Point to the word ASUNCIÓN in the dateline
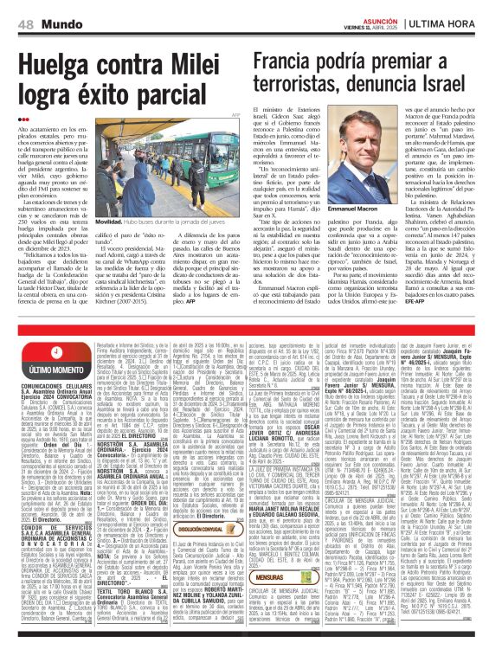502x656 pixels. click(x=386, y=5)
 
